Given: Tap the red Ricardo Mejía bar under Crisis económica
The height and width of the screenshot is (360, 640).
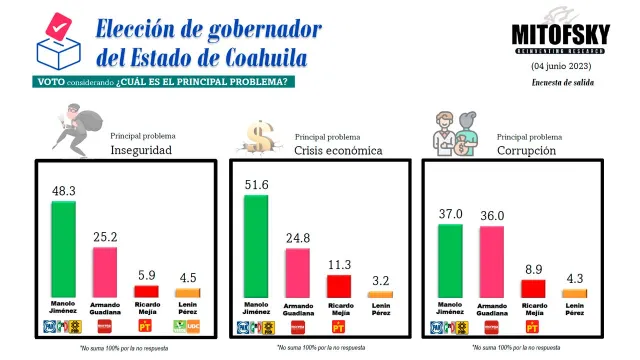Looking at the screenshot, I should (x=338, y=286).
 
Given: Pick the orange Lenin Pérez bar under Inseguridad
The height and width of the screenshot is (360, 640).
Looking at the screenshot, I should (x=188, y=293).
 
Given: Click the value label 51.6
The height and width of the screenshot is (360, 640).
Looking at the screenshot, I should (x=257, y=183).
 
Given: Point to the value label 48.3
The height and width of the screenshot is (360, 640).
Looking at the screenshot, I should (x=64, y=189).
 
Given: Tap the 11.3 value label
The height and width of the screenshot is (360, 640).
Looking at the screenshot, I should (x=338, y=265).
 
